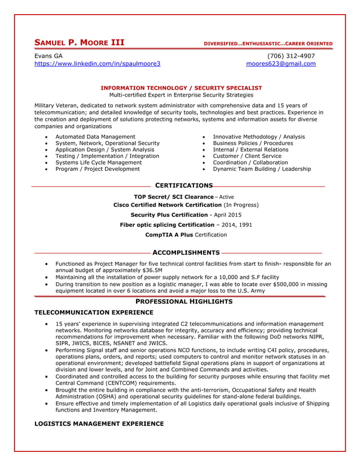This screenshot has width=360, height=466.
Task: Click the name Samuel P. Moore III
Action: click(x=80, y=43)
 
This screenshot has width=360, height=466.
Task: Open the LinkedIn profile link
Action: click(x=98, y=64)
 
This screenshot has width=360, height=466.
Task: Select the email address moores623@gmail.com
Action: click(x=281, y=64)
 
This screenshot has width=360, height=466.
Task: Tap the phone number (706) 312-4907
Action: click(x=291, y=56)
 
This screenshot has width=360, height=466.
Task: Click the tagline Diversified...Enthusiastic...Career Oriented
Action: click(x=268, y=44)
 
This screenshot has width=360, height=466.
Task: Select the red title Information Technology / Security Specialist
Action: click(x=181, y=88)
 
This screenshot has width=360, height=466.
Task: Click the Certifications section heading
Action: click(x=183, y=186)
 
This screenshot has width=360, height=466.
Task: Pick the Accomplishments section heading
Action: click(x=186, y=253)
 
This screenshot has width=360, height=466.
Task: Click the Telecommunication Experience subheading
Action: click(x=94, y=312)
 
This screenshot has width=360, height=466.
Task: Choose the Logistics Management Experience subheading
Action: click(x=99, y=424)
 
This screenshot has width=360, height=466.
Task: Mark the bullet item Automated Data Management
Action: click(x=95, y=137)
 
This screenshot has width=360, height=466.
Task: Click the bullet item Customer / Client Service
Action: click(x=247, y=156)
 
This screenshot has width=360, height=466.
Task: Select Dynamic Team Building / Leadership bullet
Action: click(x=262, y=169)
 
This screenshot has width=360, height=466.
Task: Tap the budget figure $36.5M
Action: click(x=150, y=271)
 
